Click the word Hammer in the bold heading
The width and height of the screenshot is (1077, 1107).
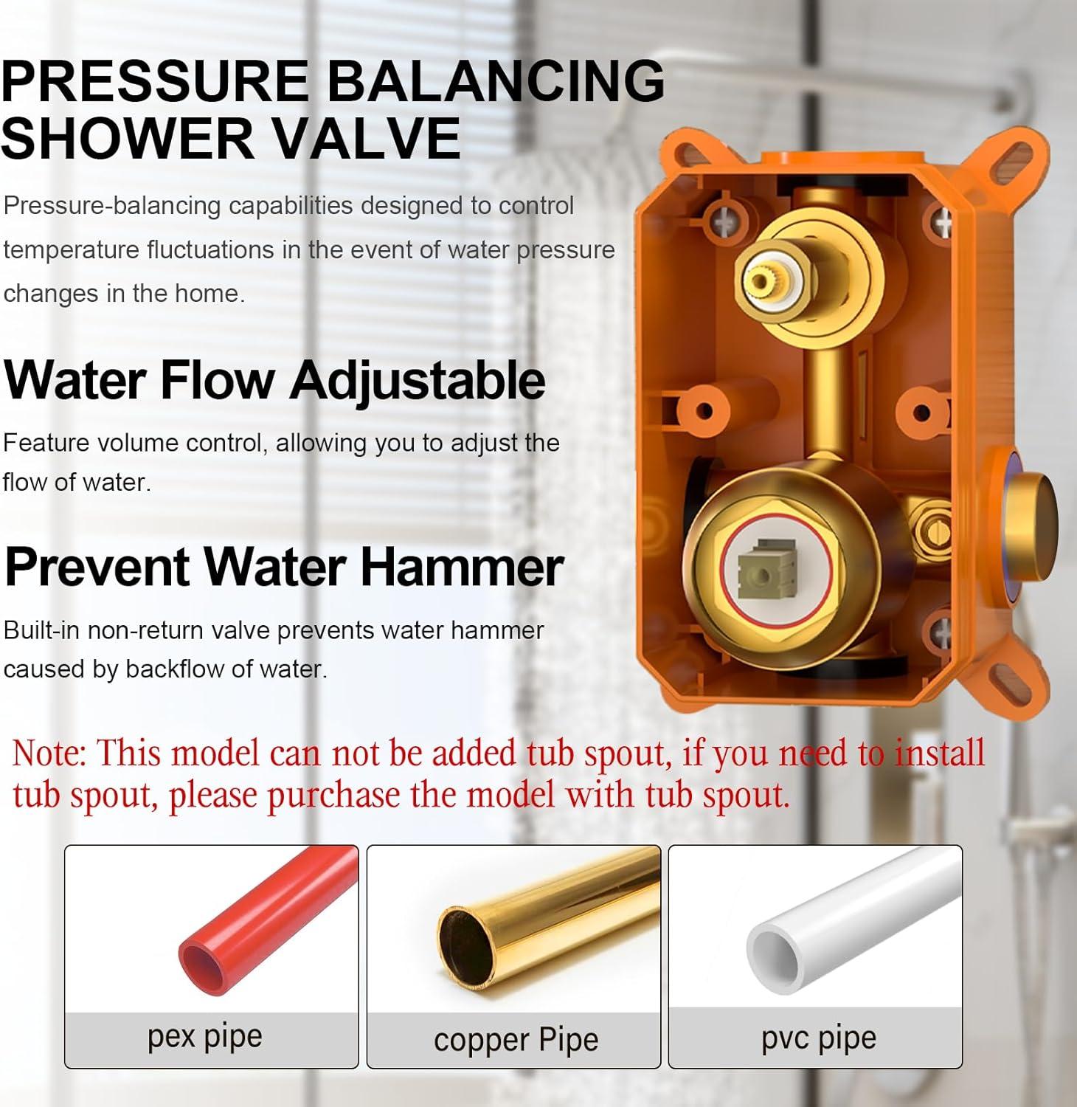coord(462,568)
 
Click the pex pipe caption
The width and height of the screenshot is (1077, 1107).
coord(205,1037)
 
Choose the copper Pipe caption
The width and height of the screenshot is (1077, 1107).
coord(516,1040)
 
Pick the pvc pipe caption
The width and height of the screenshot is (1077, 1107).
coord(819,1038)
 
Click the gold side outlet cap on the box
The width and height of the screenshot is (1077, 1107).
coord(1031,525)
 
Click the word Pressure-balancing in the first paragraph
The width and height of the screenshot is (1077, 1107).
coord(112,206)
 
